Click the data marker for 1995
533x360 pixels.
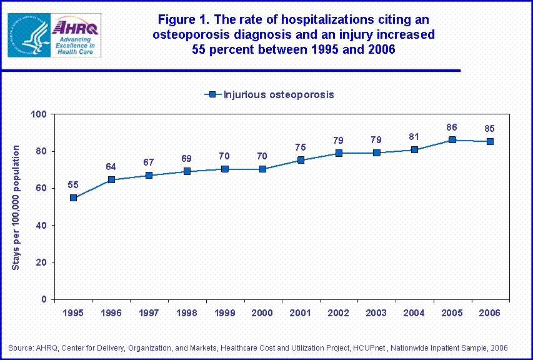(73, 197)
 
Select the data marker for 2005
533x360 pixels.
(452, 140)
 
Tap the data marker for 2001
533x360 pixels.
(301, 160)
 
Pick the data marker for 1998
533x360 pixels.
(187, 171)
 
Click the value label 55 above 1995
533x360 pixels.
(73, 185)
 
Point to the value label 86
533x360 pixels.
(452, 127)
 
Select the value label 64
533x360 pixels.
(111, 167)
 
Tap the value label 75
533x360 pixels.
(301, 147)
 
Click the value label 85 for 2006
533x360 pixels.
(490, 129)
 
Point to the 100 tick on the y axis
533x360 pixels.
(39, 114)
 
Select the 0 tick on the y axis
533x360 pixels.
(44, 299)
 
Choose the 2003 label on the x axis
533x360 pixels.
(376, 312)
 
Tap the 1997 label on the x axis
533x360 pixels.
(149, 312)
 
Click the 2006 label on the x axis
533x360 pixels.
(490, 312)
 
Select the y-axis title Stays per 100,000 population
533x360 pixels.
(16, 207)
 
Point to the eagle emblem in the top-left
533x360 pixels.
(29, 35)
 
